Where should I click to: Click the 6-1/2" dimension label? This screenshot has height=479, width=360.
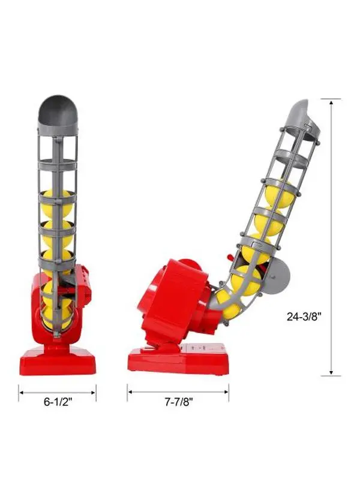(58, 402)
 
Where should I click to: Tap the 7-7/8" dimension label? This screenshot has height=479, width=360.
(179, 402)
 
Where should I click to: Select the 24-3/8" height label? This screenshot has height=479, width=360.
(304, 317)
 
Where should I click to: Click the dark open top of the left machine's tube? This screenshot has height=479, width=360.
(58, 110)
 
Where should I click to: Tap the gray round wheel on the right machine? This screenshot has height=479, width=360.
(276, 276)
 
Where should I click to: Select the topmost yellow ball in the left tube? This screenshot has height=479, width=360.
(58, 203)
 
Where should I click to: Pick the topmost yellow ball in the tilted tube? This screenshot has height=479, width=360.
(279, 194)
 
